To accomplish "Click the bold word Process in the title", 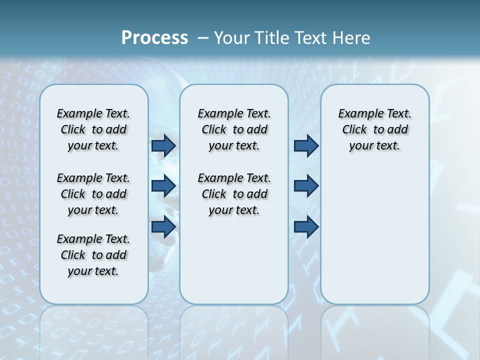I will coord(154,38).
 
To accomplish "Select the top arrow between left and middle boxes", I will coord(163,145).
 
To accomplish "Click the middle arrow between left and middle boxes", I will coord(163,186).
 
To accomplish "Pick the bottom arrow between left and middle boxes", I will coord(163,226).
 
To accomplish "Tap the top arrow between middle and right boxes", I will coord(306,145).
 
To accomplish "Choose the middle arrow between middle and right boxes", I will coord(306,186).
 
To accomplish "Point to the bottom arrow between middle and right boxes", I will coord(306,226).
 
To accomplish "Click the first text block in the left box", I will coord(93,129).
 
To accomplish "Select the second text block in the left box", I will coord(93,194).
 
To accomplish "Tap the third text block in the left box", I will coord(93,255).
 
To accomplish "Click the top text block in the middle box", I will coord(234,129).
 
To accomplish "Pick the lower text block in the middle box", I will coord(234,194).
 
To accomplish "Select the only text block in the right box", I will coord(375,129).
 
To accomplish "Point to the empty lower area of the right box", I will coord(375,235).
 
